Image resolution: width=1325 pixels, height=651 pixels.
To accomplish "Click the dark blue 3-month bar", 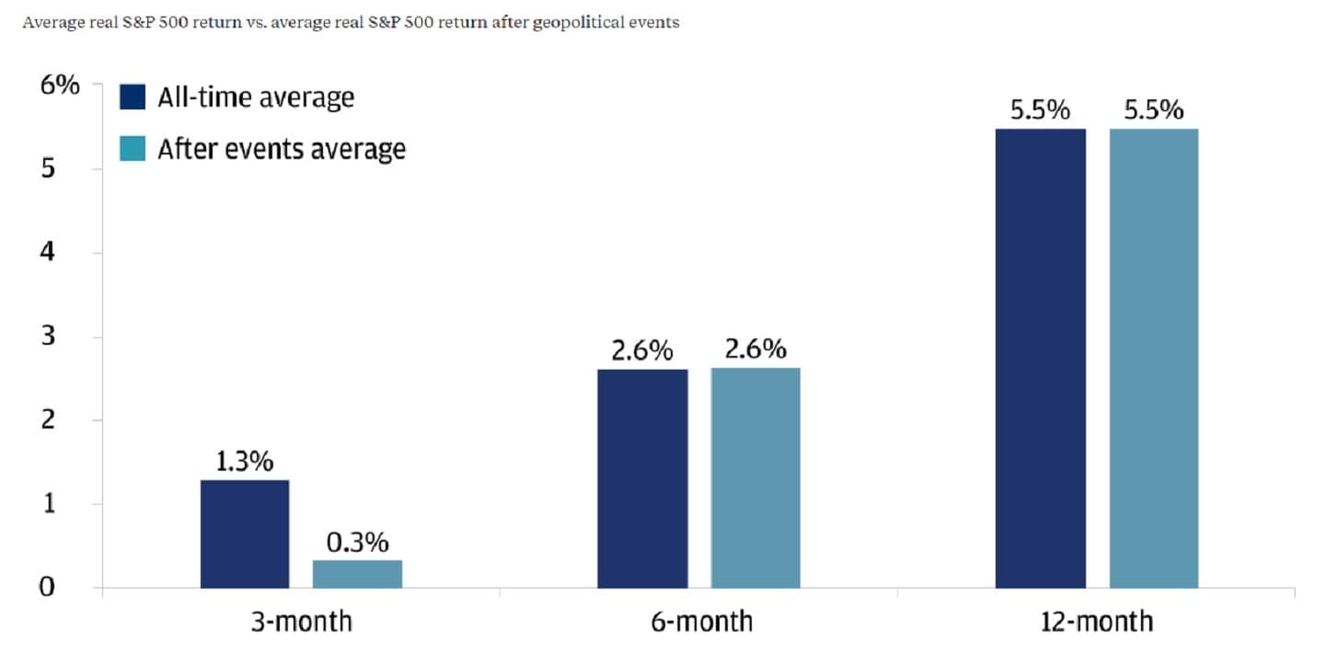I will click(x=245, y=533).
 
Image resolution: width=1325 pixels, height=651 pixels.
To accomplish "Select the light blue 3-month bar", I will click(x=357, y=574).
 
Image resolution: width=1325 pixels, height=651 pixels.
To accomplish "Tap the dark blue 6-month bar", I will click(x=642, y=478).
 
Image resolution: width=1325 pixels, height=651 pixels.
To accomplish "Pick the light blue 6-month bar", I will click(x=755, y=478).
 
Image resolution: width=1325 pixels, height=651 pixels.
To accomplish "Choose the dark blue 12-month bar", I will click(x=1041, y=359).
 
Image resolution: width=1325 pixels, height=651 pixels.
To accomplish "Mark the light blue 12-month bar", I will click(x=1154, y=359).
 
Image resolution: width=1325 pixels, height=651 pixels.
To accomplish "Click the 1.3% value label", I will click(x=245, y=462).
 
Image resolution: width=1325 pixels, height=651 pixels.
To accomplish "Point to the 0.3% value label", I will click(x=357, y=542).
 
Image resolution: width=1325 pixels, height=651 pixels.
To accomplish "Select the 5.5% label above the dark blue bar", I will click(x=1041, y=110).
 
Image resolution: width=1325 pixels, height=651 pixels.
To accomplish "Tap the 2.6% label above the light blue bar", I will click(x=755, y=350).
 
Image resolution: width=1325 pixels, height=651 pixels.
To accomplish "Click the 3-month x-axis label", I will click(x=301, y=622).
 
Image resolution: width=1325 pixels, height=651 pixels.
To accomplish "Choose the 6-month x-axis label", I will click(x=699, y=622).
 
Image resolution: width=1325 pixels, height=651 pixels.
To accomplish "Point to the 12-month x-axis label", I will click(x=1097, y=622).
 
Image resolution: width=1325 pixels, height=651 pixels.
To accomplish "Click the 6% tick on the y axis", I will click(x=60, y=86).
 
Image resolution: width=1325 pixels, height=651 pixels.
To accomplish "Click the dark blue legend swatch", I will click(x=132, y=97).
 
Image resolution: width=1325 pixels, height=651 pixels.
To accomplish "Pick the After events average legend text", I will click(x=282, y=149).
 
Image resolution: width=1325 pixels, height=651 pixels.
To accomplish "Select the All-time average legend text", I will click(x=256, y=97).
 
